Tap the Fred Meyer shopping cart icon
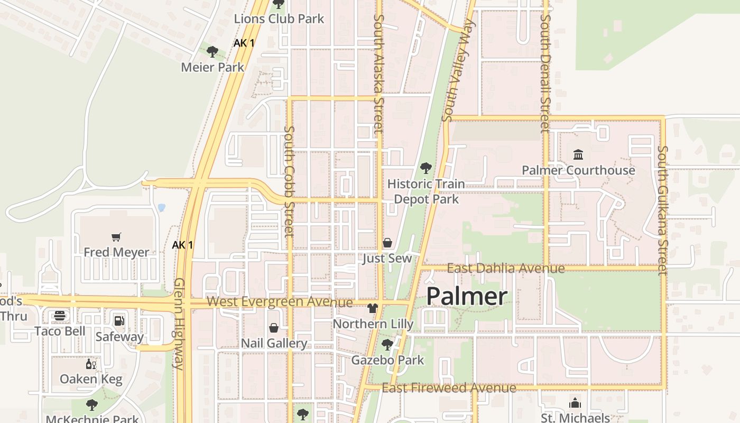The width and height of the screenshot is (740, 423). [x=116, y=237]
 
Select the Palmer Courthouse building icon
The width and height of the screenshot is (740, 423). [x=578, y=155]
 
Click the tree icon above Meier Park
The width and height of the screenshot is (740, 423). [x=212, y=51]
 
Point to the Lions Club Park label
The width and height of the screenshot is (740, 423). [x=279, y=19]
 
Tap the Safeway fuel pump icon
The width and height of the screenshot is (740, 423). [x=119, y=321]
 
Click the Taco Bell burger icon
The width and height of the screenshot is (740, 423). [x=60, y=316]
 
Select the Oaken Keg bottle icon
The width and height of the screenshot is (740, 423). [x=91, y=364]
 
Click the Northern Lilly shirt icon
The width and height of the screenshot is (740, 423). [x=373, y=308]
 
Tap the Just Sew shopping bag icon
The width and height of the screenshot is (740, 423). [x=387, y=243]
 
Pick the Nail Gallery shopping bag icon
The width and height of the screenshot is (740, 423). [x=274, y=328]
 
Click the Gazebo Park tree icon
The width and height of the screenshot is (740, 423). [x=387, y=345]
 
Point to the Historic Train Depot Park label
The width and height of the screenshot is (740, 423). [x=426, y=191]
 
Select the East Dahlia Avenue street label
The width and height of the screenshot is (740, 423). [x=506, y=269]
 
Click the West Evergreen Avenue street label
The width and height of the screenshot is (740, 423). [x=279, y=302]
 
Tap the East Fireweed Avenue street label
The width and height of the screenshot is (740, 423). [x=449, y=388]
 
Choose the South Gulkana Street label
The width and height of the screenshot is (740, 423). [x=662, y=210]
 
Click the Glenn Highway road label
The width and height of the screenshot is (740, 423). [x=179, y=324]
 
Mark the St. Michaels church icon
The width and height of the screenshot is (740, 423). [x=575, y=403]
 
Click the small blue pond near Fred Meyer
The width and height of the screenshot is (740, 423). [x=161, y=208]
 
